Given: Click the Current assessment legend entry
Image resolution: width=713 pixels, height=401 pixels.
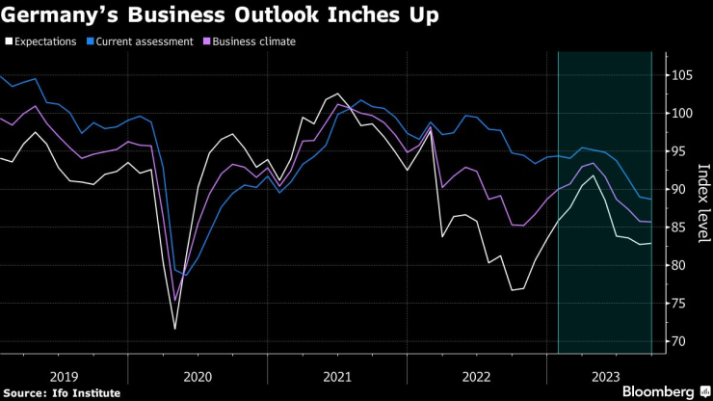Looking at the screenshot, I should tap(142, 41).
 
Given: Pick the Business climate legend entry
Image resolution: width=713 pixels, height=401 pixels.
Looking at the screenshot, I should tap(252, 41).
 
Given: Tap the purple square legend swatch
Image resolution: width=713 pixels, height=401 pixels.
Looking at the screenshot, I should tap(205, 41).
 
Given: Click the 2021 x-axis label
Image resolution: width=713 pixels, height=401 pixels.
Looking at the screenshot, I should tap(336, 377).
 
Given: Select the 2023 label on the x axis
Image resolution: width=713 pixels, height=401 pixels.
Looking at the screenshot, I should tap(605, 377).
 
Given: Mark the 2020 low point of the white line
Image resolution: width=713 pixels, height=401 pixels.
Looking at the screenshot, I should tap(175, 329).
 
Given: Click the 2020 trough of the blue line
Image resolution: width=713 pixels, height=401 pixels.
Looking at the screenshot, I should tap(185, 276).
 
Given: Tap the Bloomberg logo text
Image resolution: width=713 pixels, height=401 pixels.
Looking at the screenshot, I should tap(658, 390).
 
